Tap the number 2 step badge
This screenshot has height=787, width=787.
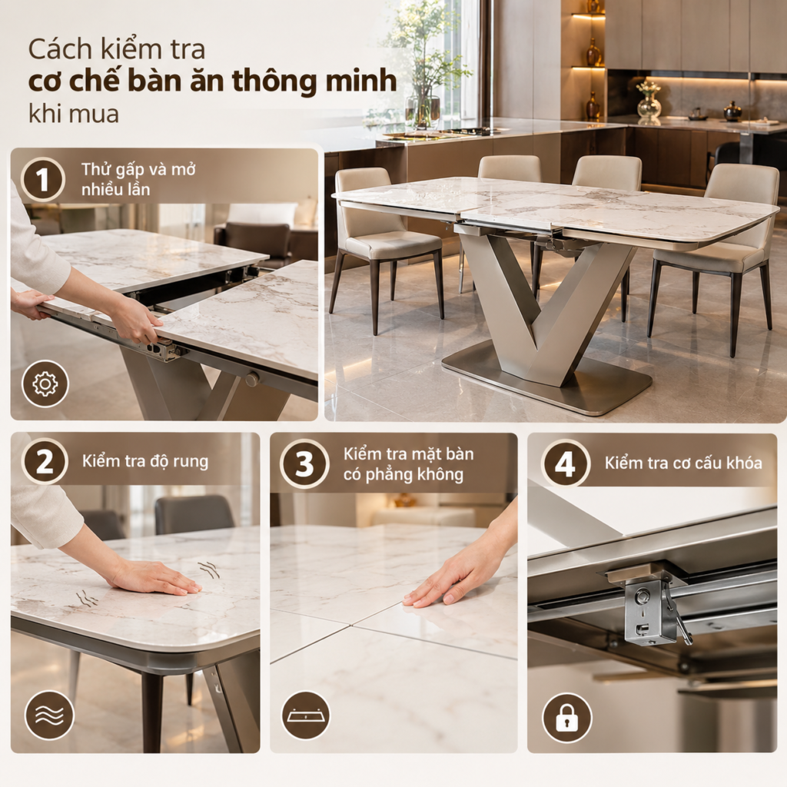coord(45,461)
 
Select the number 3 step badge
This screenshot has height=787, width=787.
coord(304,463)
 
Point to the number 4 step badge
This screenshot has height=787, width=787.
coord(565,463)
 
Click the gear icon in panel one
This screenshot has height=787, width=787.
coord(45,384)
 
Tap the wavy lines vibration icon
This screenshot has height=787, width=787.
coord(48,716)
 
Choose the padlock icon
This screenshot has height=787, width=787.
coord(566,718)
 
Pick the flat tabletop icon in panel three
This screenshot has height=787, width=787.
coord(306,716)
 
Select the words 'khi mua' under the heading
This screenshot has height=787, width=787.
coord(74,114)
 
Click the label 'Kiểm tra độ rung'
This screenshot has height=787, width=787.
coord(145,461)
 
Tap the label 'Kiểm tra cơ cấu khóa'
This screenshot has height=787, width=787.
coord(683,463)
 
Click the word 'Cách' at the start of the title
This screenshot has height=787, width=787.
coord(60,50)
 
